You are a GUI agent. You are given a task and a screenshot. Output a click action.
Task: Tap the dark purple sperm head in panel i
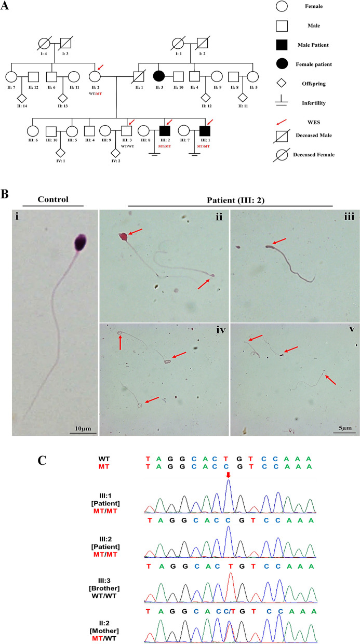82,243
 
